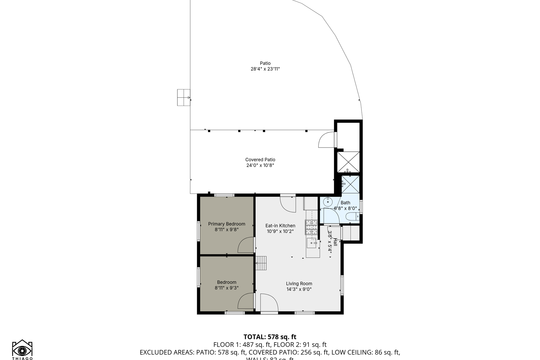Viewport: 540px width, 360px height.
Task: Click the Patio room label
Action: click(x=265, y=63)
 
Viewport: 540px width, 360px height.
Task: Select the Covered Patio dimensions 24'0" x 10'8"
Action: click(x=260, y=165)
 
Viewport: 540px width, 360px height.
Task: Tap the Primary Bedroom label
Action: click(x=226, y=224)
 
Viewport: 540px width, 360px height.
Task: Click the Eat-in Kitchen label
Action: click(x=280, y=226)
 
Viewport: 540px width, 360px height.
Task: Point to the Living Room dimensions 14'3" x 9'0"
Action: click(x=299, y=289)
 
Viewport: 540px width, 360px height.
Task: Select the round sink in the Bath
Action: click(x=328, y=202)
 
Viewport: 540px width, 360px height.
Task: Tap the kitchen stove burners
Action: click(x=311, y=227)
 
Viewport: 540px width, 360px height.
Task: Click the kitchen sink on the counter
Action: click(x=312, y=243)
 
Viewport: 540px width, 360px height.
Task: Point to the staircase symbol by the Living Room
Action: click(x=261, y=263)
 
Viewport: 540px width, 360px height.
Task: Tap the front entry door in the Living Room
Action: click(x=269, y=303)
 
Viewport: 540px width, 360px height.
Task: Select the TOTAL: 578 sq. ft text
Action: click(x=270, y=337)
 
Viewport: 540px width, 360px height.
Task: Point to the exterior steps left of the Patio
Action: click(x=184, y=97)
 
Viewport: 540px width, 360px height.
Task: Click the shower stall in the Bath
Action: click(x=350, y=184)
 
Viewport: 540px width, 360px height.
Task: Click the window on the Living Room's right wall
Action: click(x=342, y=285)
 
